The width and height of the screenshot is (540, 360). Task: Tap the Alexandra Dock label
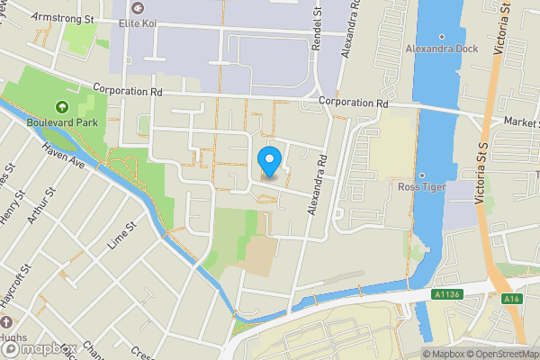[x=440, y=48]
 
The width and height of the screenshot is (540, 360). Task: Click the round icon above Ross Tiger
[x=421, y=174]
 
